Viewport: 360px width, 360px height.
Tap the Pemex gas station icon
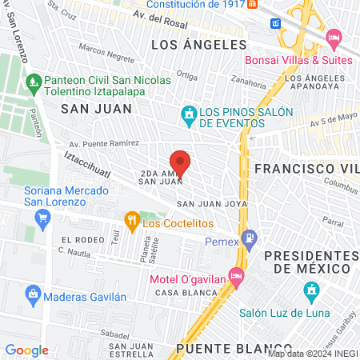click(250, 237)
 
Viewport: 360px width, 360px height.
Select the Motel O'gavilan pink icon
click(236, 275)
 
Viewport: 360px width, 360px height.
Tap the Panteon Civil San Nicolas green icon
click(33, 81)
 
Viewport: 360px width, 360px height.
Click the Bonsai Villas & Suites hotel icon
click(334, 38)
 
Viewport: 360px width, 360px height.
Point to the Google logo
click(26, 350)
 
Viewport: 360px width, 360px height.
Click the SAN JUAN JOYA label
click(206, 204)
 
